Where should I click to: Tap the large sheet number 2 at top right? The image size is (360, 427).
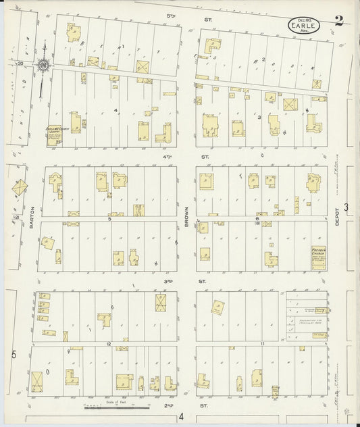coord(338,21)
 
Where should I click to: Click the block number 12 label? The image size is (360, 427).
coord(107,343)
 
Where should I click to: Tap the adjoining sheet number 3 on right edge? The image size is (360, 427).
coord(346,207)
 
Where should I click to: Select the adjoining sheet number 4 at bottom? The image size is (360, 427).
coord(180,418)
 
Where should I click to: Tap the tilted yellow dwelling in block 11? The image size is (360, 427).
coord(217,307)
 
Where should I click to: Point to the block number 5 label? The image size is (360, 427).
coord(108,218)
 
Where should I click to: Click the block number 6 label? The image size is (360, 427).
coord(257,218)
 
